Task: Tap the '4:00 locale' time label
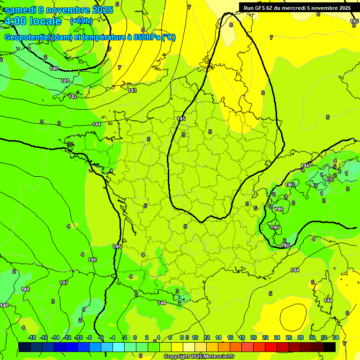click(x=33, y=21)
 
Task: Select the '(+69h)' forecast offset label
click(x=81, y=21)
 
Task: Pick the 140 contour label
click(x=54, y=69)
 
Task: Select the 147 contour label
click(x=64, y=283)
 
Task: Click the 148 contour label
click(x=25, y=289)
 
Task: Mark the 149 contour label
click(x=4, y=305)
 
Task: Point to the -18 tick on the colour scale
click(x=32, y=337)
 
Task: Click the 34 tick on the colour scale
click(x=336, y=337)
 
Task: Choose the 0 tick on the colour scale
click(x=135, y=337)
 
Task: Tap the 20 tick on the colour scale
click(x=254, y=337)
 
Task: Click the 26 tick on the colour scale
click(x=289, y=337)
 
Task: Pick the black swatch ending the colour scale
click(x=330, y=347)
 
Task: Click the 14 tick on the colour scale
click(x=218, y=337)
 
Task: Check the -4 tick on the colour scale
click(x=112, y=337)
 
